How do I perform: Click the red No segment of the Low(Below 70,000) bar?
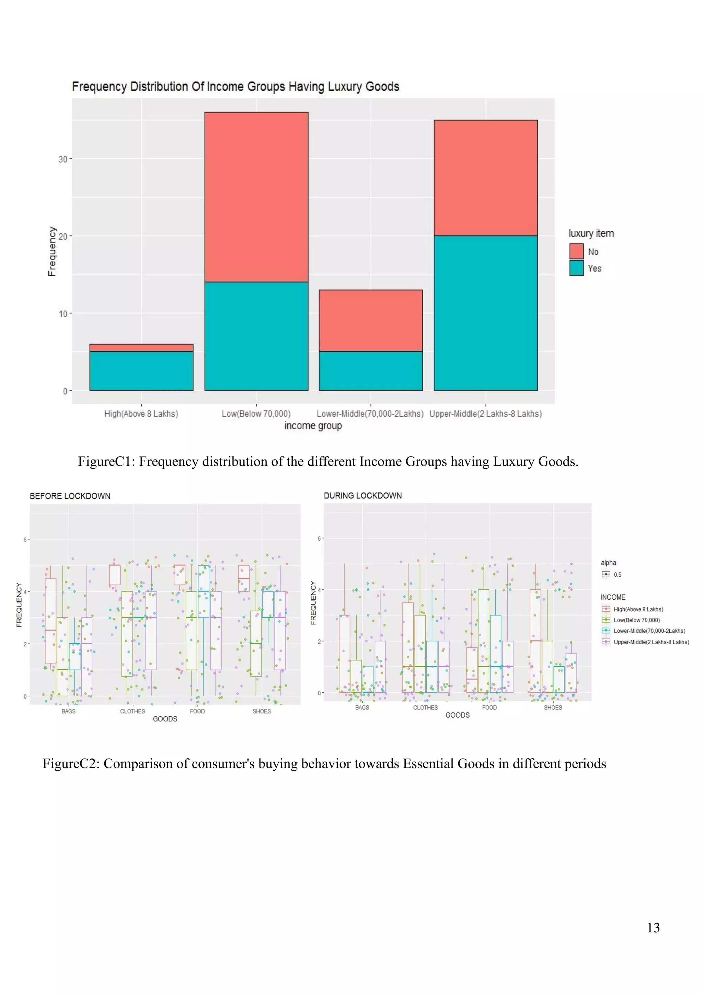[x=256, y=197]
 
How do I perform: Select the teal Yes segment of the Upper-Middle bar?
[x=486, y=313]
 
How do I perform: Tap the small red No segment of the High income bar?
[x=141, y=348]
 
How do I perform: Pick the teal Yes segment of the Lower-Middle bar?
[x=370, y=371]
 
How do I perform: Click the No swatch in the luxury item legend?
[x=576, y=252]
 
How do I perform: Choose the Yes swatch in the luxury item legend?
[x=576, y=268]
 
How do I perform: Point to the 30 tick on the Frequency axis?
[x=63, y=159]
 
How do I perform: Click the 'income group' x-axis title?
[x=313, y=426]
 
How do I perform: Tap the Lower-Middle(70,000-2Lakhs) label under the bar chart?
[x=370, y=414]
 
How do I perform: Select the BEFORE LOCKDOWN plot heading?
[x=70, y=496]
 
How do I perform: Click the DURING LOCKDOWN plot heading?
[x=363, y=496]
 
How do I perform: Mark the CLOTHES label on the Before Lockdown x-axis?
[x=132, y=711]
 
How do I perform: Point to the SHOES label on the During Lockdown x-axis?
[x=553, y=707]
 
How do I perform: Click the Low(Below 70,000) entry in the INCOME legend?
[x=636, y=620]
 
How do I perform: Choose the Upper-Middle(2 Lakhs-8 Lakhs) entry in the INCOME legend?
[x=651, y=642]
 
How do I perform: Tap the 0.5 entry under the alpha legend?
[x=617, y=575]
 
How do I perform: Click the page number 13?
[x=653, y=928]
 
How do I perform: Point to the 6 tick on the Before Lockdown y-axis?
[x=25, y=540]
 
